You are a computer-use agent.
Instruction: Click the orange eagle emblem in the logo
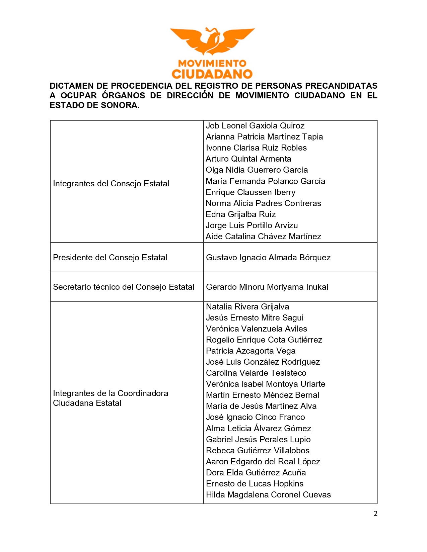coord(212,41)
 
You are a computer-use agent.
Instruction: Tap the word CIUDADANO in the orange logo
coord(212,74)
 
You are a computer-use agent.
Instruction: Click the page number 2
coord(375,514)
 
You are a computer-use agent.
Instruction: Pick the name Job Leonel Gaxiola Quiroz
coord(255,126)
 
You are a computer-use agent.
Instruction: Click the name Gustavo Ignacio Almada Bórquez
coord(268,258)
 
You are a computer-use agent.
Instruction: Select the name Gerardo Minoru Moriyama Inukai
coord(267,287)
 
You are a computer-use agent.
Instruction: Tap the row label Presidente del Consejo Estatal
coord(110,258)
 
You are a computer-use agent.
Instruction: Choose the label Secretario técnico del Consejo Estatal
coord(124,287)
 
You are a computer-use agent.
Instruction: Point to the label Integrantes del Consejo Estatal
coord(111,184)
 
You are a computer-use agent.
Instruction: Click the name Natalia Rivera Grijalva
coord(247,307)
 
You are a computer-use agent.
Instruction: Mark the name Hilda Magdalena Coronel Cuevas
coord(268,495)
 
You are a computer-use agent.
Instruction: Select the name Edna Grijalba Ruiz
coord(240,214)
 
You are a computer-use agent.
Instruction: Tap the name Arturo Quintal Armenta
coord(248,159)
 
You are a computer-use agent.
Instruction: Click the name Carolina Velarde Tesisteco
coord(256,373)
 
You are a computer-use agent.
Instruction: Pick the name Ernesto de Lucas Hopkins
coord(255,484)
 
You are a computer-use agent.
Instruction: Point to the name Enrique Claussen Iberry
coord(251,192)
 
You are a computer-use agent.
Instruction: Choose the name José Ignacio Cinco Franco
coord(255,417)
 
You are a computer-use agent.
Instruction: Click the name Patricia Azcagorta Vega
coord(251,351)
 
